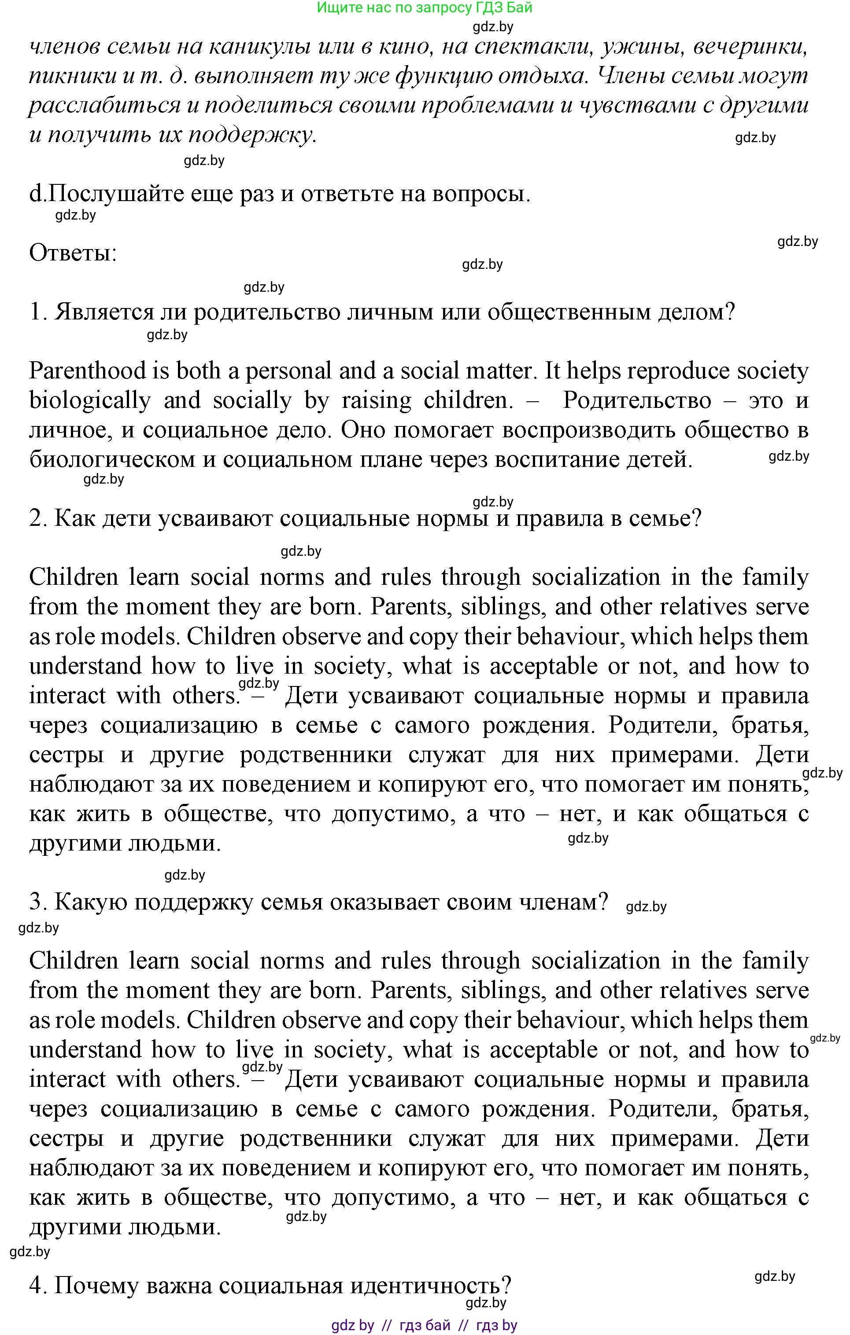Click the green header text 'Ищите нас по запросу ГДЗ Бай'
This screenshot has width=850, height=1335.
425,8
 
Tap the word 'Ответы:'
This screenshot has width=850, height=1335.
73,253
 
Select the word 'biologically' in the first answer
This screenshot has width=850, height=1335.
89,401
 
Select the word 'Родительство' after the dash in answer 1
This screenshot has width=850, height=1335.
636,401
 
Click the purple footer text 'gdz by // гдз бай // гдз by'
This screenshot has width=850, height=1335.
425,1326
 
